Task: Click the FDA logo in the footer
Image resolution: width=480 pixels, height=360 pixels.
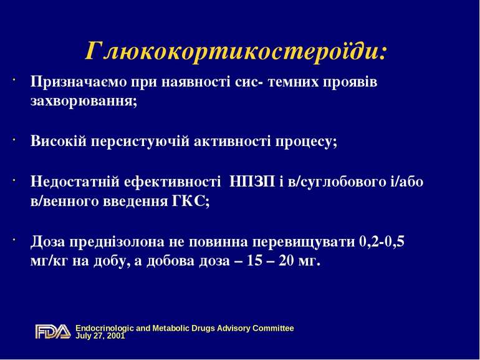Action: (53, 331)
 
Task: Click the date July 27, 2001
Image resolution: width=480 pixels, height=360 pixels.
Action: (100, 336)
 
